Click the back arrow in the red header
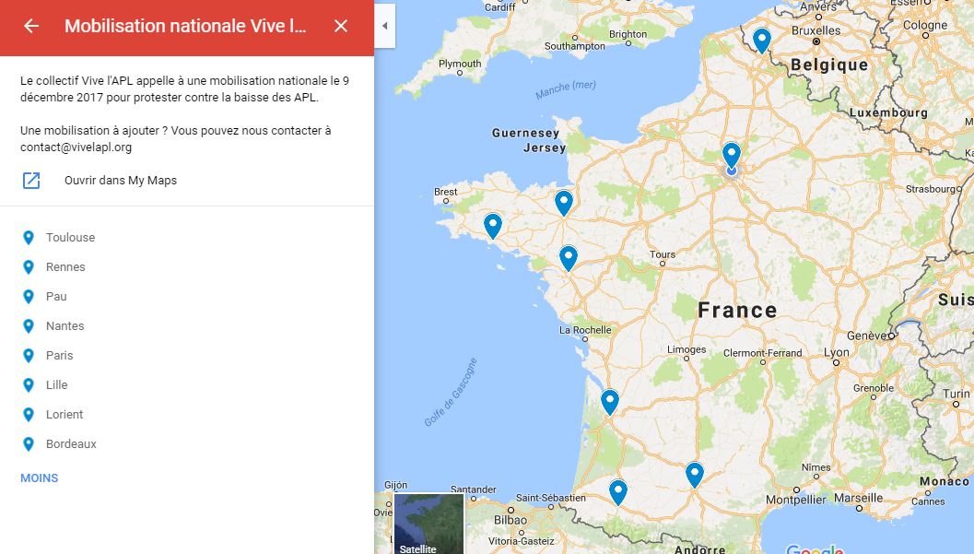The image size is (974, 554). tap(31, 26)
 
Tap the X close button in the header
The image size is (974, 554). tap(341, 26)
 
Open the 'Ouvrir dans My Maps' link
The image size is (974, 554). tap(120, 181)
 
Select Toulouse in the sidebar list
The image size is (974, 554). tap(70, 238)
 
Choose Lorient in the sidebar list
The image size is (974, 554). tap(65, 415)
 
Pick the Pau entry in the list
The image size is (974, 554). tap(56, 297)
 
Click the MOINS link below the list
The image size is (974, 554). tap(40, 478)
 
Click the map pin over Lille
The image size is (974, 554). tap(761, 40)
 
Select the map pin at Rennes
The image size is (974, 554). tap(563, 201)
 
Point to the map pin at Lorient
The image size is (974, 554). tap(493, 224)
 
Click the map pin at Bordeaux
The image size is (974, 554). tap(609, 401)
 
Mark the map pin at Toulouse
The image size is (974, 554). tap(695, 473)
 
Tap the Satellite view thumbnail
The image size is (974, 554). tap(428, 524)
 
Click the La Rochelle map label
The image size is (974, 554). tap(585, 330)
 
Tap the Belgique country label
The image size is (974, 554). tap(828, 65)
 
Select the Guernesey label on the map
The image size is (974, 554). tap(525, 134)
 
